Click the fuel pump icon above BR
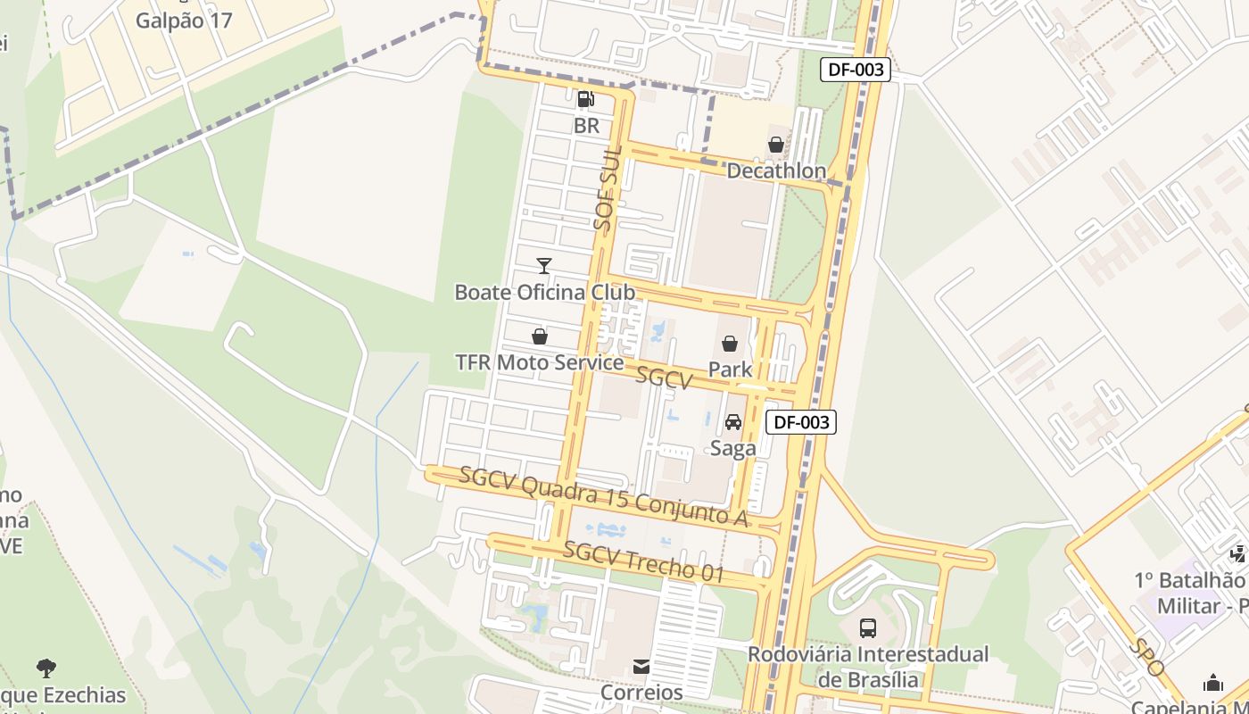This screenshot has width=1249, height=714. [586, 99]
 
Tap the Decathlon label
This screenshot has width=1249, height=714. [776, 170]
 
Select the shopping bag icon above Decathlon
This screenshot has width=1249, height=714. [776, 145]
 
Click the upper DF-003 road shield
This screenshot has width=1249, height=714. [856, 70]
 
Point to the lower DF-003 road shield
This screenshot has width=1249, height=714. [801, 422]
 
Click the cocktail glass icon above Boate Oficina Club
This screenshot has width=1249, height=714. [544, 266]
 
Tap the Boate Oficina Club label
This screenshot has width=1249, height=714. [544, 292]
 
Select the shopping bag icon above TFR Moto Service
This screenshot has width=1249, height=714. [539, 336]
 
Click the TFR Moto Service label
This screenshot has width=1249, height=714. [539, 362]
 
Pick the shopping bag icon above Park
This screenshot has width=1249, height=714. [730, 344]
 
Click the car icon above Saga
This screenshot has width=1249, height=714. [733, 422]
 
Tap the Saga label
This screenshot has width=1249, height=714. [733, 448]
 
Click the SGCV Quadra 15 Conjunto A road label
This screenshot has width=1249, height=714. [603, 496]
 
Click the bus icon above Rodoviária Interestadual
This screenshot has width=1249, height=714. [868, 627]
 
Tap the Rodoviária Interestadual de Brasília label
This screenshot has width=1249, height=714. [868, 666]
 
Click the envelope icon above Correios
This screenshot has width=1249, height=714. [641, 667]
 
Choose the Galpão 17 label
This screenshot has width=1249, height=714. [184, 20]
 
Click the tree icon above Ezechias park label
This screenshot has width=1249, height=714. [46, 668]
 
